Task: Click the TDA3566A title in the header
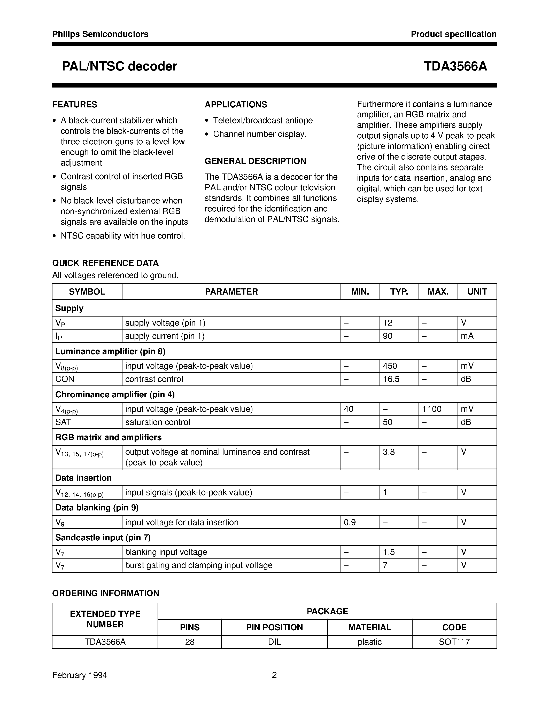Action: coord(455,66)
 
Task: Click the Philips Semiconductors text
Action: coord(100,34)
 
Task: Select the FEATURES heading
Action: coord(74,104)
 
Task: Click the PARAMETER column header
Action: coord(231,291)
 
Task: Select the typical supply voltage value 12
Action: coord(388,323)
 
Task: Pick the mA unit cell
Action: coord(467,336)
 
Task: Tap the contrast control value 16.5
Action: coord(391,379)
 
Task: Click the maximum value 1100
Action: coord(432,409)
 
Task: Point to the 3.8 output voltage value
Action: coord(389,452)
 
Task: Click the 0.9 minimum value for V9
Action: coord(350,522)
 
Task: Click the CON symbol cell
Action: coord(65,379)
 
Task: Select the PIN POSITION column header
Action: coord(274,627)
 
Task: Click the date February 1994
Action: coord(80,675)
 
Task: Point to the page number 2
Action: coord(274,675)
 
